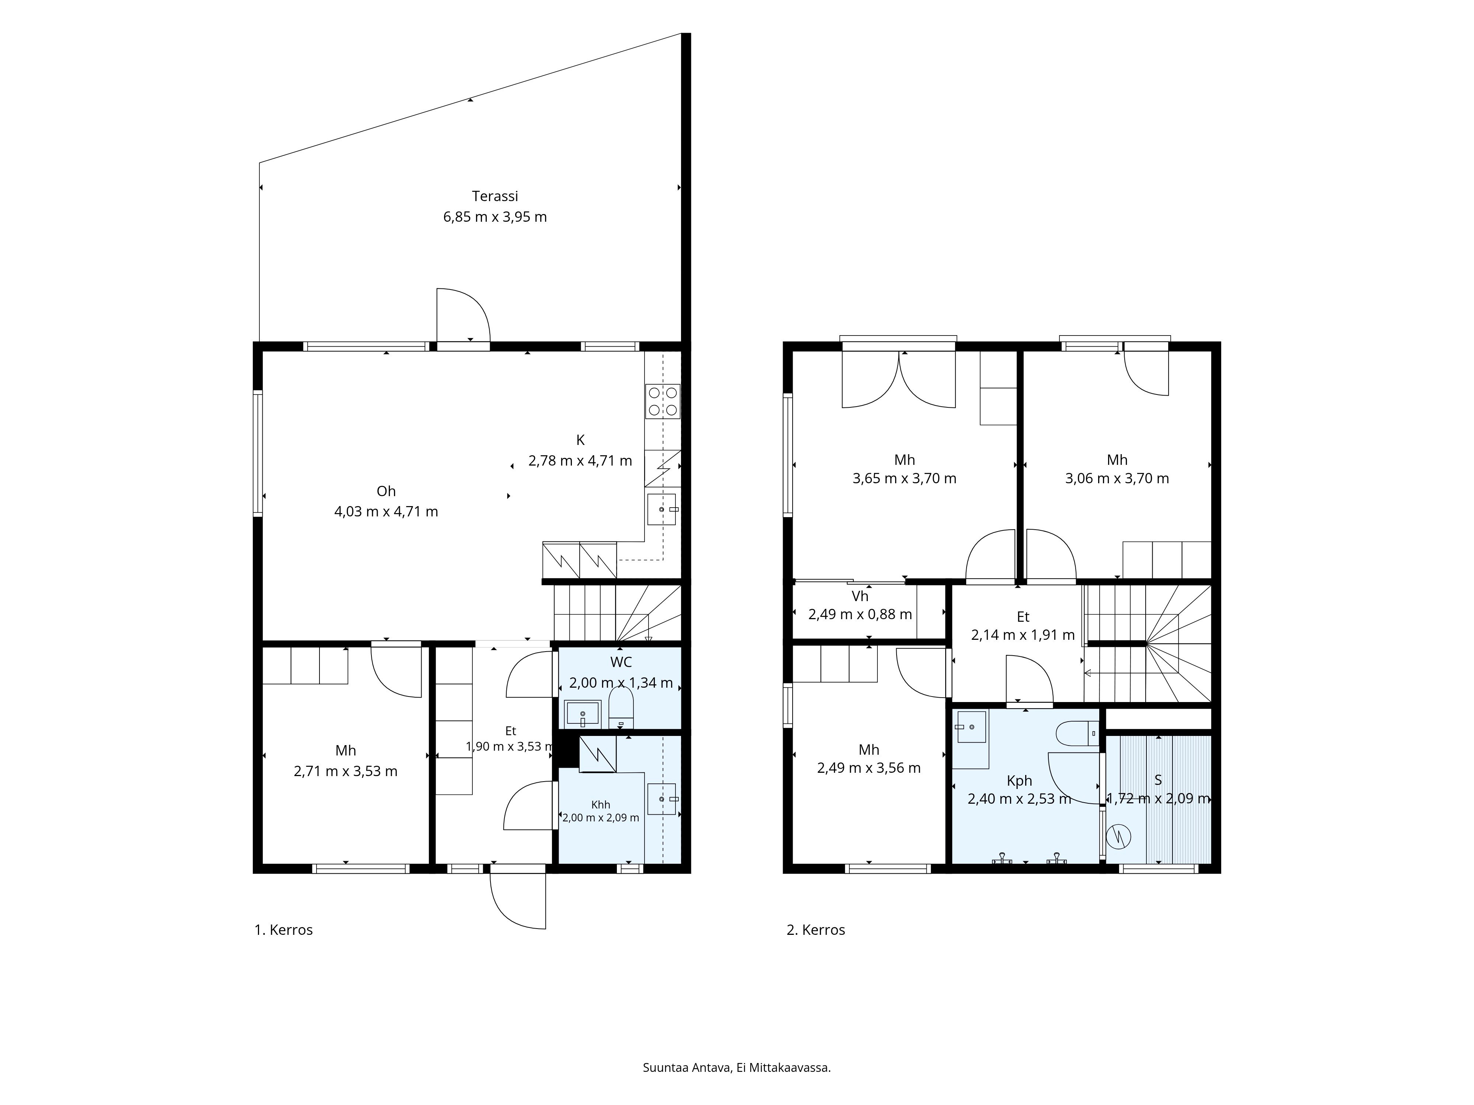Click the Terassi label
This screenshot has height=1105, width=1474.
495,196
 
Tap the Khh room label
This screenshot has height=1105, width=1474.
600,804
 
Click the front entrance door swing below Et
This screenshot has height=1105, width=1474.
518,901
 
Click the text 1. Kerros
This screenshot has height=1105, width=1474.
283,930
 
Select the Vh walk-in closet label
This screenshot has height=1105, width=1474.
860,596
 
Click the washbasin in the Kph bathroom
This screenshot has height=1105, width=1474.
971,727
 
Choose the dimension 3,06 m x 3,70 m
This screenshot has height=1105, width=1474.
1117,478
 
